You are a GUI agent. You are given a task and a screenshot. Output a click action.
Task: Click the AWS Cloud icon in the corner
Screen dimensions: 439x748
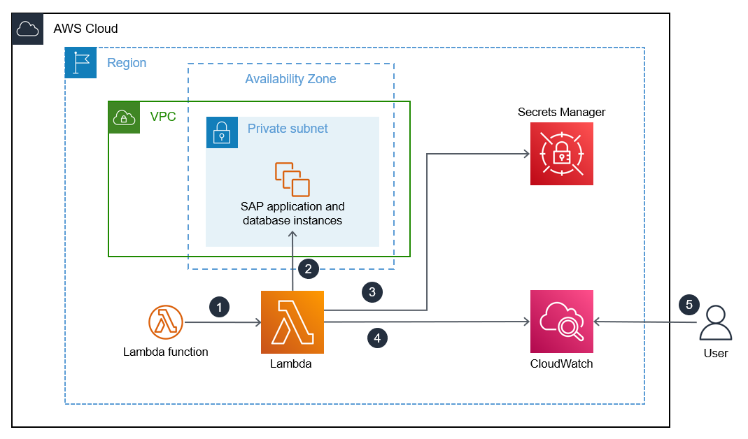[28, 29]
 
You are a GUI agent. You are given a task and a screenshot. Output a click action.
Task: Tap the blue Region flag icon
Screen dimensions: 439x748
[80, 63]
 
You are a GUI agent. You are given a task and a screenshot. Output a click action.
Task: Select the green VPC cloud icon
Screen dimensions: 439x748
[124, 117]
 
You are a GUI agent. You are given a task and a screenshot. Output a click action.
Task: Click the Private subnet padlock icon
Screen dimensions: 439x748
[222, 132]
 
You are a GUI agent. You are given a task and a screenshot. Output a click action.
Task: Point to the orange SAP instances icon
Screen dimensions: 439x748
[292, 179]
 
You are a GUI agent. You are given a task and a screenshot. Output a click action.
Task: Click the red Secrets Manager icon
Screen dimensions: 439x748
[561, 154]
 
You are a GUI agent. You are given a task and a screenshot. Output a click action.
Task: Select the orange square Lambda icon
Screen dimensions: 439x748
[292, 322]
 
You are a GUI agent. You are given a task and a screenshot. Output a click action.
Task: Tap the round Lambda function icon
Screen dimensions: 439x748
[166, 322]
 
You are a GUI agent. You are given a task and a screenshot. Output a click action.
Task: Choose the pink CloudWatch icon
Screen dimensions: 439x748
[561, 322]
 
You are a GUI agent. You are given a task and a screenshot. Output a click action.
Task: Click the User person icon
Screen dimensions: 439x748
[715, 323]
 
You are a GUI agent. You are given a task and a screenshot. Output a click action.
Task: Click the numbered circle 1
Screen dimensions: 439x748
[219, 306]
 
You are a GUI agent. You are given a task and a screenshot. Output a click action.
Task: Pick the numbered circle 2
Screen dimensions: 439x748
[308, 268]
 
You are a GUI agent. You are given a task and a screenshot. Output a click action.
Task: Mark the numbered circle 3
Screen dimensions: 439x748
[372, 292]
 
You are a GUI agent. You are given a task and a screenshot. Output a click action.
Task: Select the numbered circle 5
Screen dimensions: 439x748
[689, 304]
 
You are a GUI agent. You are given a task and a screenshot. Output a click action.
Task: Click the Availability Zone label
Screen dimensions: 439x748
[290, 79]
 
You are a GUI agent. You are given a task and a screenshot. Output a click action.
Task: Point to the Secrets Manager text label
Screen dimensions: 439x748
[561, 112]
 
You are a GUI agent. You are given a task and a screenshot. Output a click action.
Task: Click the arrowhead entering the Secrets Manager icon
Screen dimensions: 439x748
[525, 154]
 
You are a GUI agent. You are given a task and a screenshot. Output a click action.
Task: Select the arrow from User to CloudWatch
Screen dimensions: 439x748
[644, 322]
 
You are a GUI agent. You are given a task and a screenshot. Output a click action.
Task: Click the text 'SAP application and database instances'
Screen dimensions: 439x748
[292, 214]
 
